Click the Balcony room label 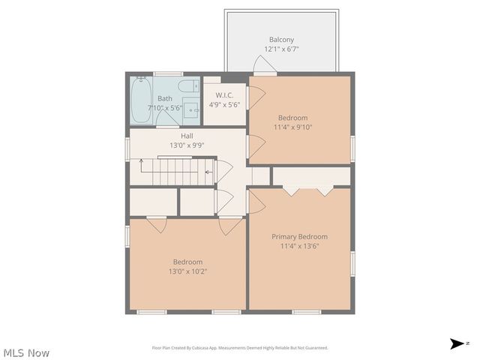pyautogui.click(x=281, y=40)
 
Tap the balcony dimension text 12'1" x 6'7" pyautogui.click(x=281, y=49)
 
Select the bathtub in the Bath pyautogui.click(x=142, y=100)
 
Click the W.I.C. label pyautogui.click(x=224, y=95)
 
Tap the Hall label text pyautogui.click(x=187, y=136)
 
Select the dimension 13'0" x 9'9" pyautogui.click(x=187, y=145)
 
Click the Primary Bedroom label pyautogui.click(x=299, y=236)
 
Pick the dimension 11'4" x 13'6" pyautogui.click(x=299, y=246)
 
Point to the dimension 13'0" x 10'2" pyautogui.click(x=187, y=271)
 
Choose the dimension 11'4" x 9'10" pyautogui.click(x=292, y=127)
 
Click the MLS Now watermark pyautogui.click(x=26, y=352)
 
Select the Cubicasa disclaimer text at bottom pyautogui.click(x=240, y=348)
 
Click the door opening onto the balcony pyautogui.click(x=264, y=66)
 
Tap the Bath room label pyautogui.click(x=164, y=98)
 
